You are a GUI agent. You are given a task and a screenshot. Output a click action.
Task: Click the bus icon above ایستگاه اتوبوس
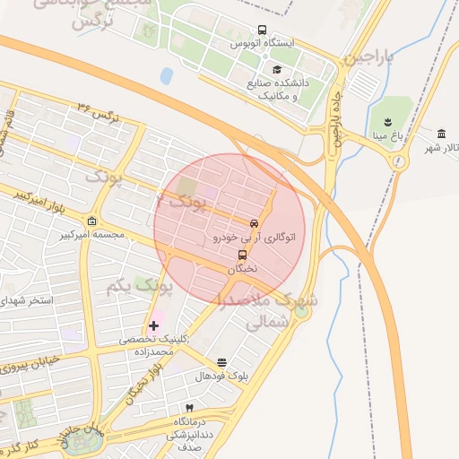(x=262, y=30)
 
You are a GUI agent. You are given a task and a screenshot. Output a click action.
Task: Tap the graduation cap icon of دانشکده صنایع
(x=277, y=69)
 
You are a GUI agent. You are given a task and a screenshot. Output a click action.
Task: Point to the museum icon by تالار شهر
(x=442, y=134)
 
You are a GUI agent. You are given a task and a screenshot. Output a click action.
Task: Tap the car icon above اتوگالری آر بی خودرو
(x=254, y=223)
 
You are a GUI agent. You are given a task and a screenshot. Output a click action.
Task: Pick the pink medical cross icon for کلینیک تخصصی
(x=153, y=325)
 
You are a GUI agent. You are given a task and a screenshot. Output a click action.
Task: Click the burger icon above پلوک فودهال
(x=221, y=363)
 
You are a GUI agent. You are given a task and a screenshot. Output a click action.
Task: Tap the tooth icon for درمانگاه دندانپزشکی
(x=189, y=408)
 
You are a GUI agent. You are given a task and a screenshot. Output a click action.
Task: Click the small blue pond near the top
(x=166, y=75)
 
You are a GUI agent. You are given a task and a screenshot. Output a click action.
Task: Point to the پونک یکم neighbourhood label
(x=139, y=287)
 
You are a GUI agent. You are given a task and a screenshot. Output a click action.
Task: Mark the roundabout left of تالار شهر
(x=396, y=161)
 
